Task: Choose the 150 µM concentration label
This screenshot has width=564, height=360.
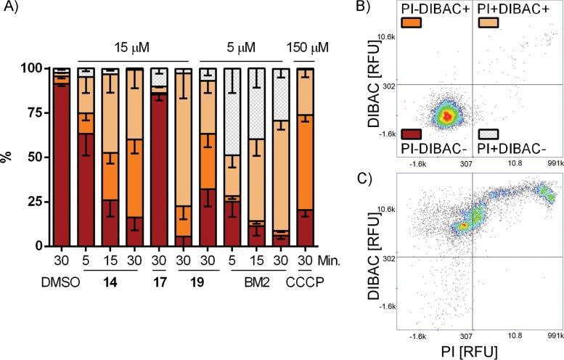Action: point(308,48)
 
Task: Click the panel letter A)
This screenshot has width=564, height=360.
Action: point(10,9)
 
